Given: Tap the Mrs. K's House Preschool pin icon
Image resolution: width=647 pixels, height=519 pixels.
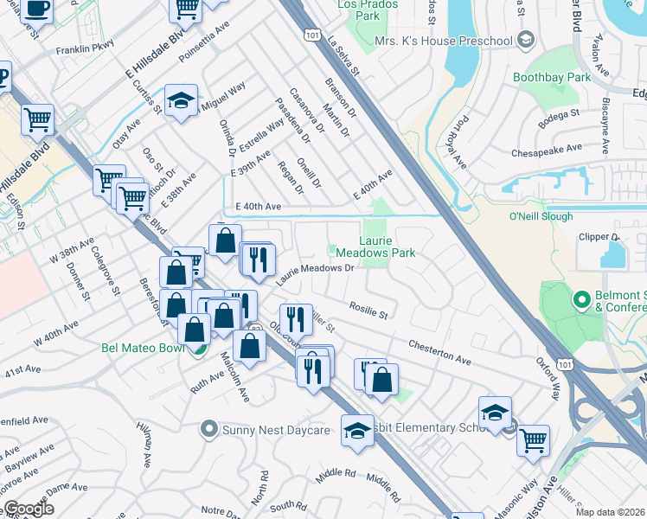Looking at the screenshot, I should click(x=524, y=41).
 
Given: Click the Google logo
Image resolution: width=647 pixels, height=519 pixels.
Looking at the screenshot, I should click(x=29, y=509).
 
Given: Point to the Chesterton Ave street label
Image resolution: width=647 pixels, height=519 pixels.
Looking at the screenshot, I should click(x=439, y=351).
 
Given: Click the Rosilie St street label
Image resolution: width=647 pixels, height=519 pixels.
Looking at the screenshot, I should click(x=368, y=308).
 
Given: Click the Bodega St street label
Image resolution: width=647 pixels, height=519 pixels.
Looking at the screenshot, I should click(x=561, y=113).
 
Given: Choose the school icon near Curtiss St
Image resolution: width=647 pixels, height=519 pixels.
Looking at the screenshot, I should click(x=182, y=99).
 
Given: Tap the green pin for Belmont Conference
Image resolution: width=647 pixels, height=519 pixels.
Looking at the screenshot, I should click(x=581, y=300).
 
